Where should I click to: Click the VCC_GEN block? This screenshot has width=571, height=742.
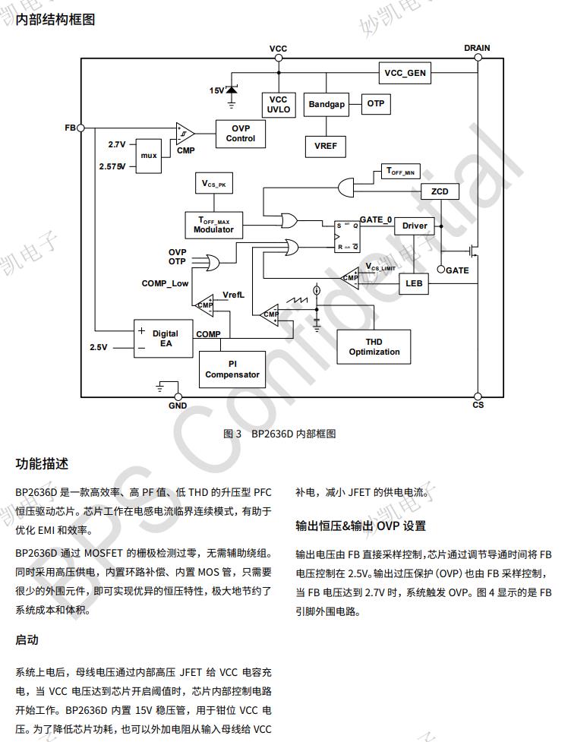pos(405,73)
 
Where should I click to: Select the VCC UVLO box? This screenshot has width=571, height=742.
pos(279,104)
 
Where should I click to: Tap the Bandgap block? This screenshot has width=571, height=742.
pos(327,104)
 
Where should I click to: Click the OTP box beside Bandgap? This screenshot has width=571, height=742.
pos(375,103)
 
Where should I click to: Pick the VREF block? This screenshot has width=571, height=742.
pos(326,145)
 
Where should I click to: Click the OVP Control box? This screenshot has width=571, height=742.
pos(241,134)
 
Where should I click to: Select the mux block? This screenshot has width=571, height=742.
pos(149,155)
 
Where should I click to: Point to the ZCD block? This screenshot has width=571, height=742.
pos(439,191)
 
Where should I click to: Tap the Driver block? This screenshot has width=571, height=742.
pos(415,226)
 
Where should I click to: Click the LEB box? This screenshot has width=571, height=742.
pos(414,283)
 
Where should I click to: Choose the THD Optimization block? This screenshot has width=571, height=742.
pos(374,347)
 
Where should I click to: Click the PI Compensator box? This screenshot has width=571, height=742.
pos(232,369)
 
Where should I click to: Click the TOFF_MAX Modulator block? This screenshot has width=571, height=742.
pos(213,225)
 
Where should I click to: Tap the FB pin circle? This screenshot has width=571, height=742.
pos(80,128)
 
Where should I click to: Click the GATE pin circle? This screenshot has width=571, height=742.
pos(442,269)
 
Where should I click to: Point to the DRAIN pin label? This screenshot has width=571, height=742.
pos(477,48)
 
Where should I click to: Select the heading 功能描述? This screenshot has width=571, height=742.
pos(42,463)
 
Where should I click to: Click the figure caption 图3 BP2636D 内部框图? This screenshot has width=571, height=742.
pos(279,434)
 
